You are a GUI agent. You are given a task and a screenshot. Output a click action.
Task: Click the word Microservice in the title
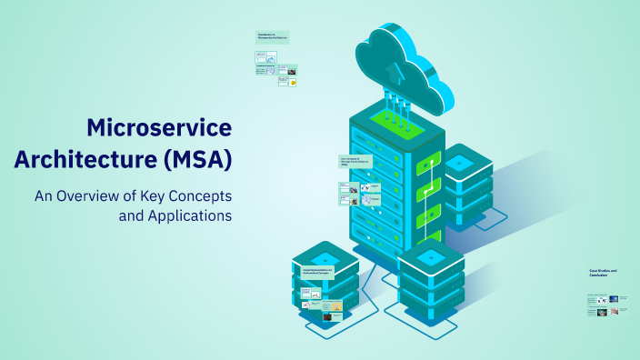point(159,127)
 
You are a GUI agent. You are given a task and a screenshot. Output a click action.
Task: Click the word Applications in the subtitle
point(188,216)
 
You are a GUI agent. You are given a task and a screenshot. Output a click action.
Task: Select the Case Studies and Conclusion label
point(602,272)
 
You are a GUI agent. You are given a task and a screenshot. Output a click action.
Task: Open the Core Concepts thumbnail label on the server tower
point(355,162)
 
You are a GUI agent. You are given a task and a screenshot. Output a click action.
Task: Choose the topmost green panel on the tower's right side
point(427,165)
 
